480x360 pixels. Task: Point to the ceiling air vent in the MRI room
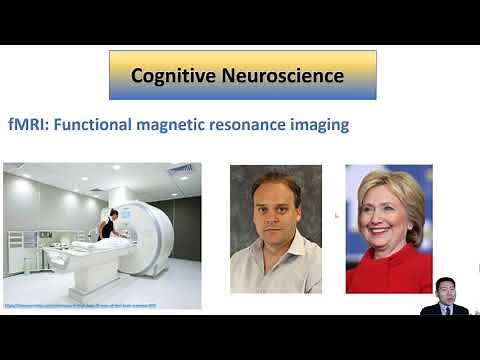point(180,169)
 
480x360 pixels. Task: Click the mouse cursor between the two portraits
point(337,215)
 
